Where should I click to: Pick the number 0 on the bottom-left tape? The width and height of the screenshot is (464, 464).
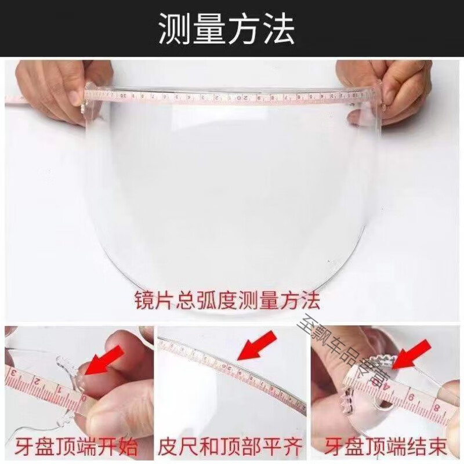pyautogui.click(x=84, y=400)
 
